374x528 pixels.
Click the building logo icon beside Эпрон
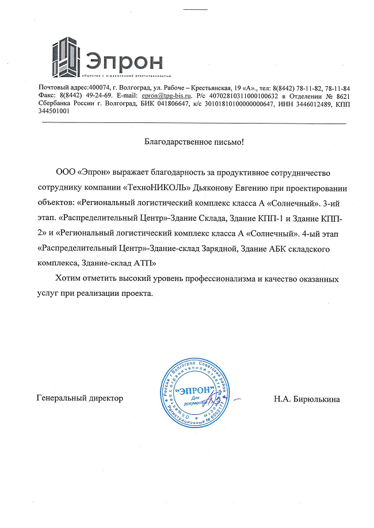pos(67,56)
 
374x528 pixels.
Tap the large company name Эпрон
pos(125,60)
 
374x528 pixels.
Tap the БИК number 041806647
pos(172,103)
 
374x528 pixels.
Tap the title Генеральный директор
pos(79,398)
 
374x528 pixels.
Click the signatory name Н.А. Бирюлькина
pos(307,398)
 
